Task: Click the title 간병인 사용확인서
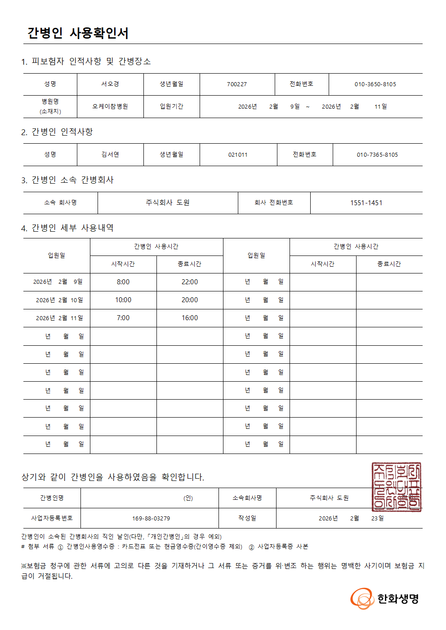[78, 33]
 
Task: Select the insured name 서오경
[110, 84]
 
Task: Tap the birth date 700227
[237, 84]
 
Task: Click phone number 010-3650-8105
[375, 84]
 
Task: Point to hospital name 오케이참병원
[110, 106]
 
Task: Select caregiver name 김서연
[110, 154]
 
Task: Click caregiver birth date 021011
[238, 155]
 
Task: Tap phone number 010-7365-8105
[377, 155]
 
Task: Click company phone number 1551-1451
[366, 203]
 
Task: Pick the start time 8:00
[123, 282]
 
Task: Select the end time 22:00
[190, 282]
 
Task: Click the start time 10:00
[123, 300]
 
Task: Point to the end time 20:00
[190, 300]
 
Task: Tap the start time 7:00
[123, 318]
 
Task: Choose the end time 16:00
[190, 318]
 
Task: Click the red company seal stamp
[397, 487]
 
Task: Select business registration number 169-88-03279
[151, 519]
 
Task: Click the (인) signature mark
[188, 498]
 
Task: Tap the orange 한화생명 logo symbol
[362, 599]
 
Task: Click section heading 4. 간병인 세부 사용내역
[67, 228]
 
